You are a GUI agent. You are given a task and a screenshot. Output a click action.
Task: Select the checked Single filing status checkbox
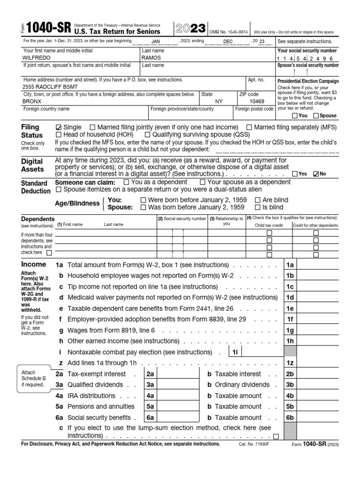point(58,127)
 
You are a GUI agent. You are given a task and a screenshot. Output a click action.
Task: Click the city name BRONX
point(32,101)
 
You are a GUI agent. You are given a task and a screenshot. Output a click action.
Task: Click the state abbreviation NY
point(219,101)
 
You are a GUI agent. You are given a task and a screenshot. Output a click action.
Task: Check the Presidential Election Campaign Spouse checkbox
point(316,116)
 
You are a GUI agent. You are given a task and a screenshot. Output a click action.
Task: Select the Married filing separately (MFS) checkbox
point(249,127)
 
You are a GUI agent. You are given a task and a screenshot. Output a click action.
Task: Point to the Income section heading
point(34,264)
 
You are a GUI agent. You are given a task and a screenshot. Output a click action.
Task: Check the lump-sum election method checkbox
point(276,436)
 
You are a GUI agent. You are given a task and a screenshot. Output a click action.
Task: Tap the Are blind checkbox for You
point(257,200)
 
